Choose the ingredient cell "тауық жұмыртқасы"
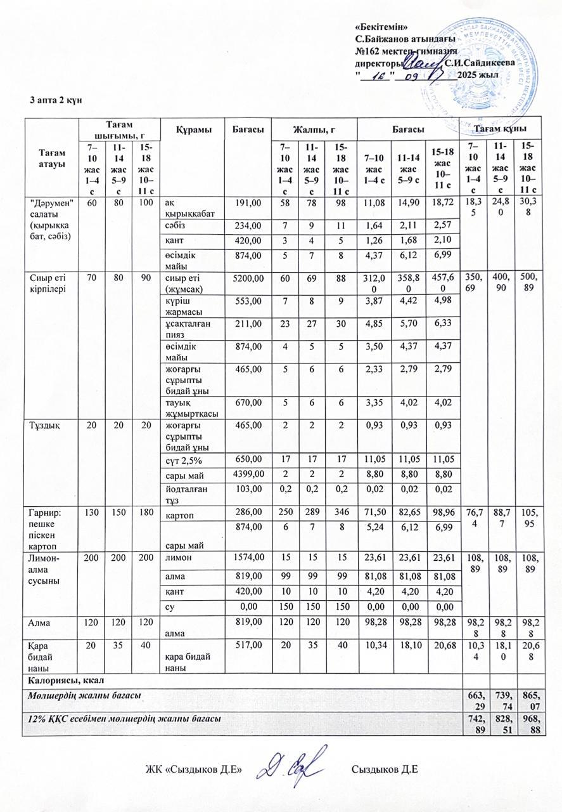(x=184, y=407)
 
